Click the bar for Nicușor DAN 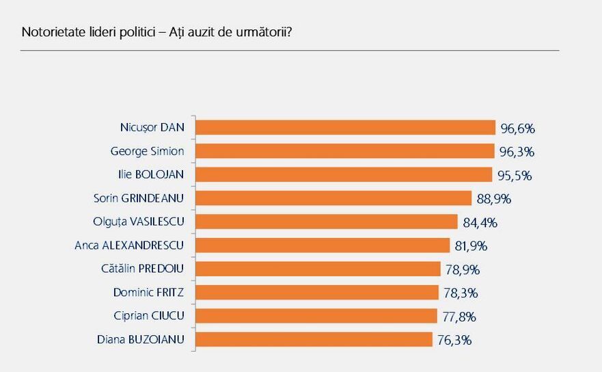tap(345, 127)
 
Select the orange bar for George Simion tap(344, 151)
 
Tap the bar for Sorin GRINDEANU tap(333, 198)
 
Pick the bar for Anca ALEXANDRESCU tap(323, 245)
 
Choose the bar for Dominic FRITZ tap(317, 292)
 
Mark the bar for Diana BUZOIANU tap(314, 339)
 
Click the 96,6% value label tap(517, 128)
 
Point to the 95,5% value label tap(515, 175)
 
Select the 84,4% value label tap(480, 222)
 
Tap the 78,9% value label tap(463, 269)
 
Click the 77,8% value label tap(459, 317)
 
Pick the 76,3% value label tap(454, 340)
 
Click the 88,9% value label tap(494, 199)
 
